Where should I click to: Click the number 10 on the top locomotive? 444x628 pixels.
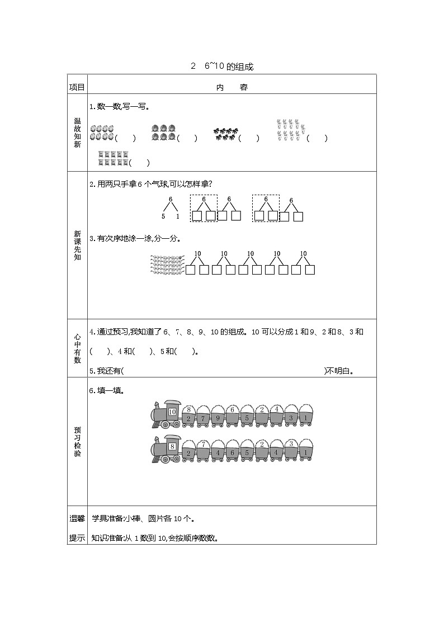point(172,412)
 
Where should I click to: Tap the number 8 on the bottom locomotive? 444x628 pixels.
point(172,446)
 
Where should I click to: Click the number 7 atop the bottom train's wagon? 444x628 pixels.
point(204,443)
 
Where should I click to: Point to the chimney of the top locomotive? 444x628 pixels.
point(156,405)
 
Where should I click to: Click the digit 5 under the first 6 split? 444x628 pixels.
point(163,216)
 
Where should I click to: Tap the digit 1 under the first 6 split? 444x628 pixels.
point(178,216)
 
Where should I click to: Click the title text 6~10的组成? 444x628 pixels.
point(229,67)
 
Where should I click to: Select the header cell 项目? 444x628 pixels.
point(77,87)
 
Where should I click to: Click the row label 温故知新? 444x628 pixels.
point(77,133)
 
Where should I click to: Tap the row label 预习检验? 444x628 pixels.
point(77,441)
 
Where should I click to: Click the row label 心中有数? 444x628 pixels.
point(77,348)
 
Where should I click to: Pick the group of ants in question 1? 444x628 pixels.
point(225,134)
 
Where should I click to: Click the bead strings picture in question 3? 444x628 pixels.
point(167,265)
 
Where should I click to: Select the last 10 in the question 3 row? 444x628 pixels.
point(303,254)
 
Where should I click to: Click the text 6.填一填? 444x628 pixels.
point(106,390)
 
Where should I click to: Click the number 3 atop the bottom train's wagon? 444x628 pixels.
point(291,443)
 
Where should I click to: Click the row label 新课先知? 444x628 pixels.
point(77,245)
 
